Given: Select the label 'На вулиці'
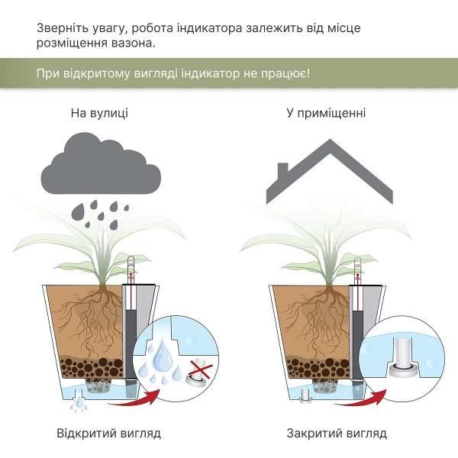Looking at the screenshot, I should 99,113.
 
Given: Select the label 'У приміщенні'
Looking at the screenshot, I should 326,113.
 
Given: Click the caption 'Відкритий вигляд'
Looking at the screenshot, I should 108,434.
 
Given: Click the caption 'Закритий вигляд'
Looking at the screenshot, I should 337,434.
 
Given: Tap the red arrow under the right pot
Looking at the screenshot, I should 375,395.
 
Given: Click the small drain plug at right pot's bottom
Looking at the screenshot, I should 304,395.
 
